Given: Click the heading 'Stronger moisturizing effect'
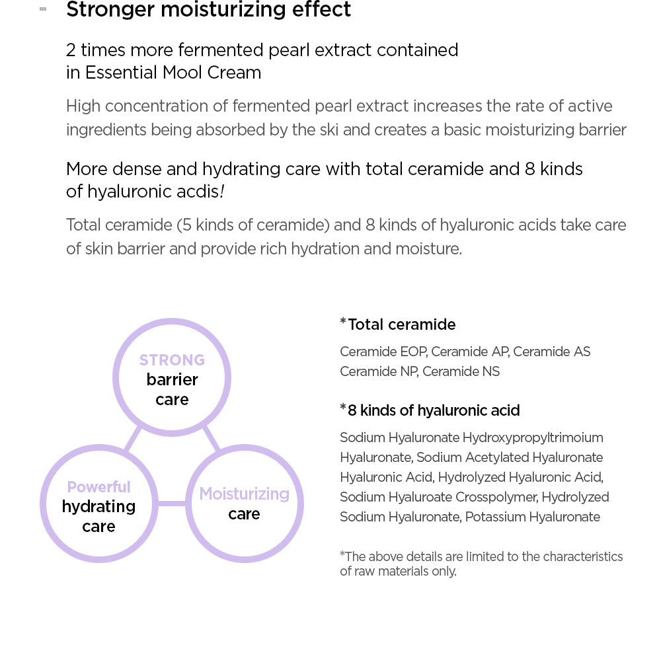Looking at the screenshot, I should click(209, 11).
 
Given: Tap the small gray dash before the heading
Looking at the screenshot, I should click(43, 9).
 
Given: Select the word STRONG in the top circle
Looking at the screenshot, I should click(172, 360).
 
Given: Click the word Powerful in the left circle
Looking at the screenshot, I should click(98, 487).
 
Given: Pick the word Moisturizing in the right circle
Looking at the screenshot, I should click(244, 494).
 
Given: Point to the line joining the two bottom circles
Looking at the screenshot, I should click(172, 504).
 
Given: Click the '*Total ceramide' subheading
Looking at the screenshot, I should click(398, 324).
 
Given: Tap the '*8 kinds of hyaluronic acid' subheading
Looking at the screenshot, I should click(430, 410).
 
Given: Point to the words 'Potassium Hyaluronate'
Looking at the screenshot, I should click(532, 517).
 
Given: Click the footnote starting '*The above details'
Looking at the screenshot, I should click(481, 563).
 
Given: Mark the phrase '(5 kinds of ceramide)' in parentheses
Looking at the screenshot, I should click(253, 225).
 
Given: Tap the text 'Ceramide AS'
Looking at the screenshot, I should click(551, 352).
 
